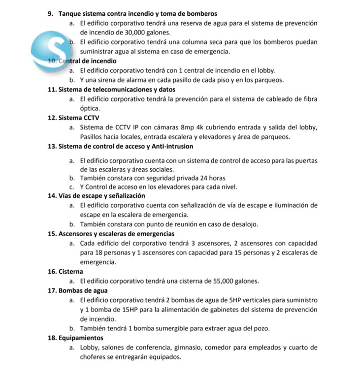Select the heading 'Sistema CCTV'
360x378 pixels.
[x=79, y=118]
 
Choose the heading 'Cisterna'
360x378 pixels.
[x=71, y=272]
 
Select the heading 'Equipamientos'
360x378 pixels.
[x=81, y=338]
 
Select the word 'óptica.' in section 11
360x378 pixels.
[x=90, y=108]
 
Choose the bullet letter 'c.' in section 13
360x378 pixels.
[x=72, y=187]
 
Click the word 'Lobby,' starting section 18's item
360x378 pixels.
[x=90, y=347]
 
